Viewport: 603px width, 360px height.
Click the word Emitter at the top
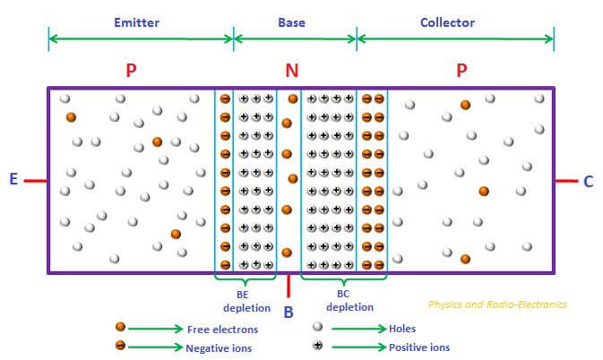(x=137, y=22)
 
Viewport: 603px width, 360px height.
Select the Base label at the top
(x=292, y=22)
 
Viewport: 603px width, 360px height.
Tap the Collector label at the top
(x=447, y=22)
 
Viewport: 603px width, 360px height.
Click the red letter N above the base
(x=292, y=70)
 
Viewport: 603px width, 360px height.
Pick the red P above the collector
(x=461, y=70)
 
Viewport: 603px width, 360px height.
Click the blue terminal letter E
(x=13, y=180)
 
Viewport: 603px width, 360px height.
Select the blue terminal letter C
(x=588, y=182)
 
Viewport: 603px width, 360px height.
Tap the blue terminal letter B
(x=288, y=312)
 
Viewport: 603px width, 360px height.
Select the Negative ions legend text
(x=220, y=347)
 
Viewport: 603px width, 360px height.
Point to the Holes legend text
(x=402, y=329)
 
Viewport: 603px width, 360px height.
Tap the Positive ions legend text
(x=419, y=347)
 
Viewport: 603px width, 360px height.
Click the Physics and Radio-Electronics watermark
(x=496, y=304)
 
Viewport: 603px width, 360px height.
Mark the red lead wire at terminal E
(x=35, y=181)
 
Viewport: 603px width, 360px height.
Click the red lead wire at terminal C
(x=565, y=181)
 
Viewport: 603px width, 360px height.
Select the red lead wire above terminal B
(x=289, y=285)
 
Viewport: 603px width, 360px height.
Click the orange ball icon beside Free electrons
(x=120, y=328)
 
